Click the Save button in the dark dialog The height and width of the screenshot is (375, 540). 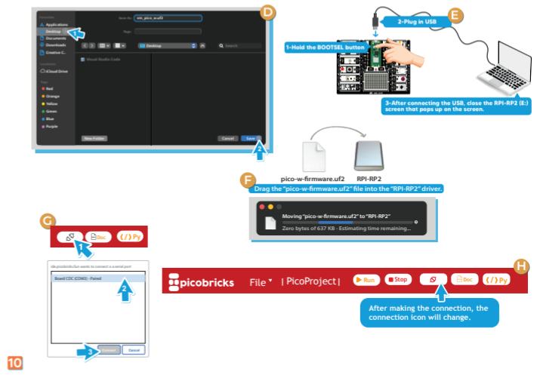click(251, 139)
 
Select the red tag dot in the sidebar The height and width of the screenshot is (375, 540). click(44, 88)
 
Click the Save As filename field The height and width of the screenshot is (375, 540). click(167, 16)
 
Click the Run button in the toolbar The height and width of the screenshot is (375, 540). click(367, 280)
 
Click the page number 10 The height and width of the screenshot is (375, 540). click(14, 363)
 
